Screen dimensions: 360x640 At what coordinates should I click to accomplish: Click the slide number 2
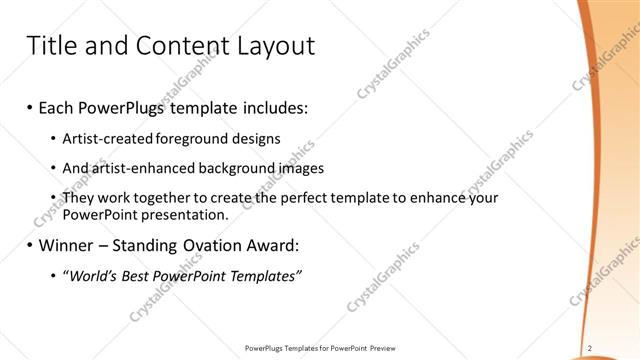(x=590, y=348)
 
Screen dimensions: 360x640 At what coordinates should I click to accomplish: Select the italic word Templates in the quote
(x=264, y=276)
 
